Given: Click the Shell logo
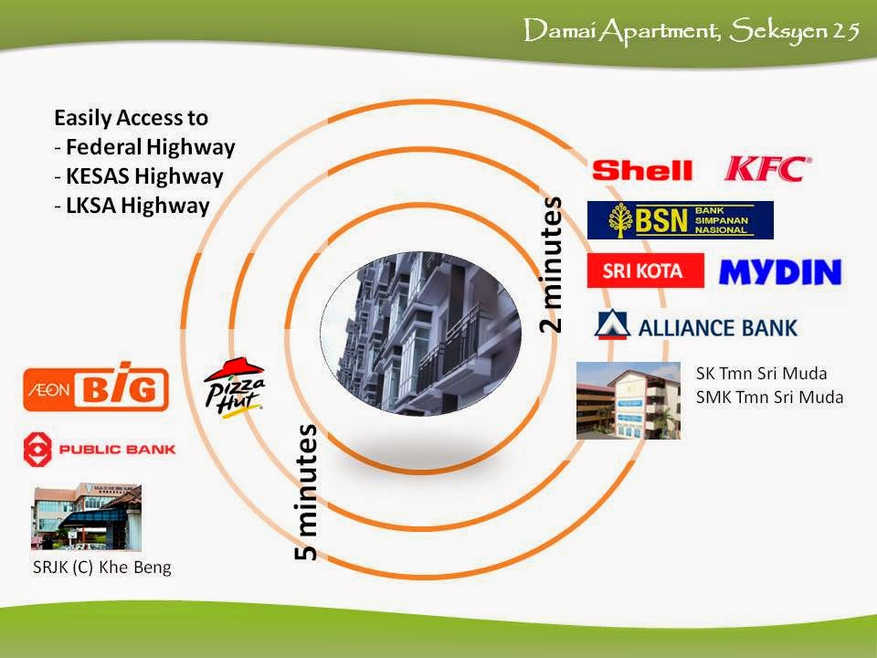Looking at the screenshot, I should tap(642, 169).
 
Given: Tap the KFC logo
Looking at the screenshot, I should tap(767, 168).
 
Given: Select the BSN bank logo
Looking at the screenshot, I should tap(680, 220).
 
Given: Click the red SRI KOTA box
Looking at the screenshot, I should tap(645, 271).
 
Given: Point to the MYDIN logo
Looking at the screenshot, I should tap(780, 271).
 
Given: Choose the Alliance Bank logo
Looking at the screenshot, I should tap(695, 326).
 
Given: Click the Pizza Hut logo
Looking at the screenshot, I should tap(234, 387).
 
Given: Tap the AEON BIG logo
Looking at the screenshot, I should tap(96, 390).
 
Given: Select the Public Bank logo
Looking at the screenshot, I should tap(99, 449).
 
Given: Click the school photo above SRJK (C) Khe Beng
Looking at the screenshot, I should tap(88, 517).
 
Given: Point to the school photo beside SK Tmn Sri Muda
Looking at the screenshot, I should tap(628, 400).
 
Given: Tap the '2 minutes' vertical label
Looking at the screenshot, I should tap(553, 264).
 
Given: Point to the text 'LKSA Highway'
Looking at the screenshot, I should tap(137, 205).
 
